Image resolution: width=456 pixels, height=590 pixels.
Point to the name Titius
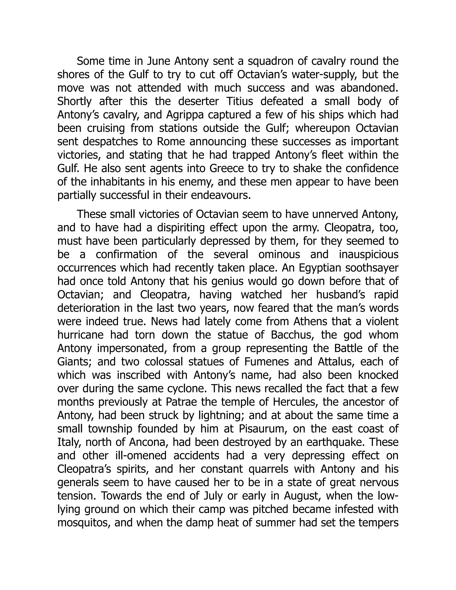tap(239, 102)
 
